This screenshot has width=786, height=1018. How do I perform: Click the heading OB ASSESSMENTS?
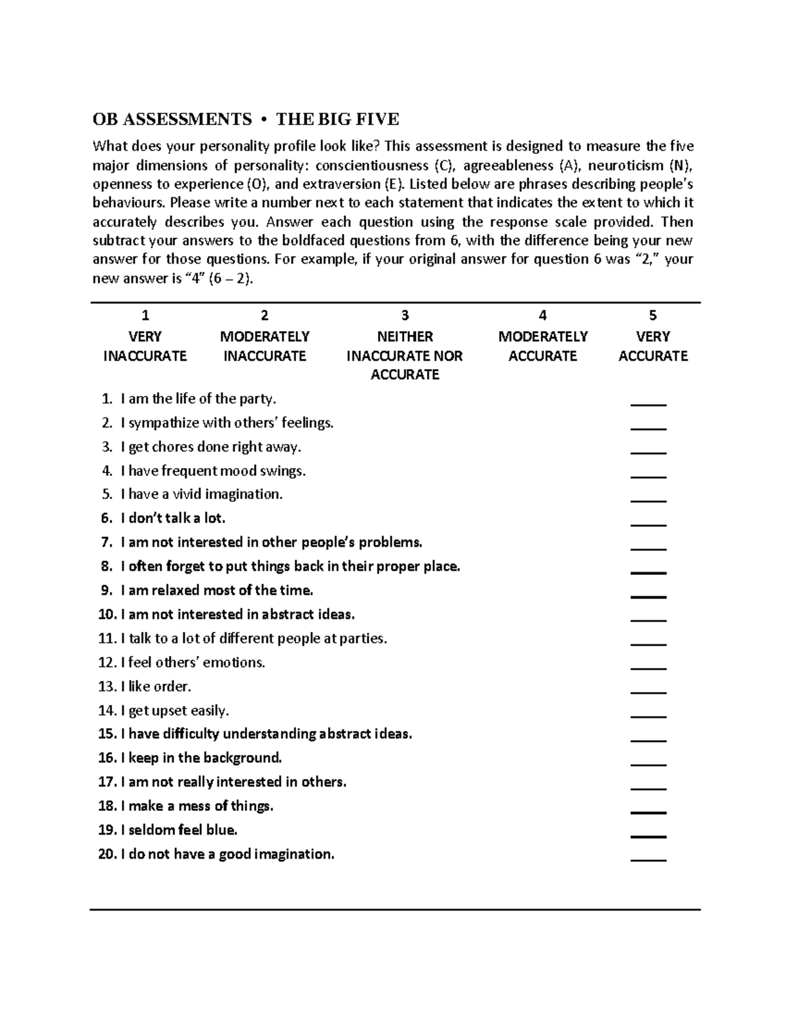tap(172, 119)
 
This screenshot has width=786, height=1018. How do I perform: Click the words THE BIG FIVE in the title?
tap(337, 119)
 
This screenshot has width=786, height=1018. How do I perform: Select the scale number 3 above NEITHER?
tap(405, 316)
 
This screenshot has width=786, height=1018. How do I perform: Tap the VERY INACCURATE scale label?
tap(145, 346)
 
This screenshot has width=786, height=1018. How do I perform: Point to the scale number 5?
tap(652, 316)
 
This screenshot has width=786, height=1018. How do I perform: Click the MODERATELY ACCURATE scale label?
tap(542, 346)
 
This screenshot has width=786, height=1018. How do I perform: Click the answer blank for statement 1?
tap(648, 402)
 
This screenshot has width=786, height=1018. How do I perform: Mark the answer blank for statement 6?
tap(648, 521)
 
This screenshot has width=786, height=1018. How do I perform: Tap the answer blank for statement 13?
tap(648, 689)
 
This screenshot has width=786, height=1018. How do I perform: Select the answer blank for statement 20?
tap(648, 857)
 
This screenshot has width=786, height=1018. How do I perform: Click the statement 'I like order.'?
tap(156, 686)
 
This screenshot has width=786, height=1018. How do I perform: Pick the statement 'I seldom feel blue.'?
tap(179, 830)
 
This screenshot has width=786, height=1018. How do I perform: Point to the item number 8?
tap(107, 566)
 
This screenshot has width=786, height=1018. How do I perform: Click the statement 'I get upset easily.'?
tap(175, 711)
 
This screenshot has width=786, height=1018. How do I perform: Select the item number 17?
tap(107, 782)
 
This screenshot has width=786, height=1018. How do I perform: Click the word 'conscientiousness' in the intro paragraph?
tap(371, 165)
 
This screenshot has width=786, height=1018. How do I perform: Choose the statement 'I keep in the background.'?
tap(201, 758)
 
